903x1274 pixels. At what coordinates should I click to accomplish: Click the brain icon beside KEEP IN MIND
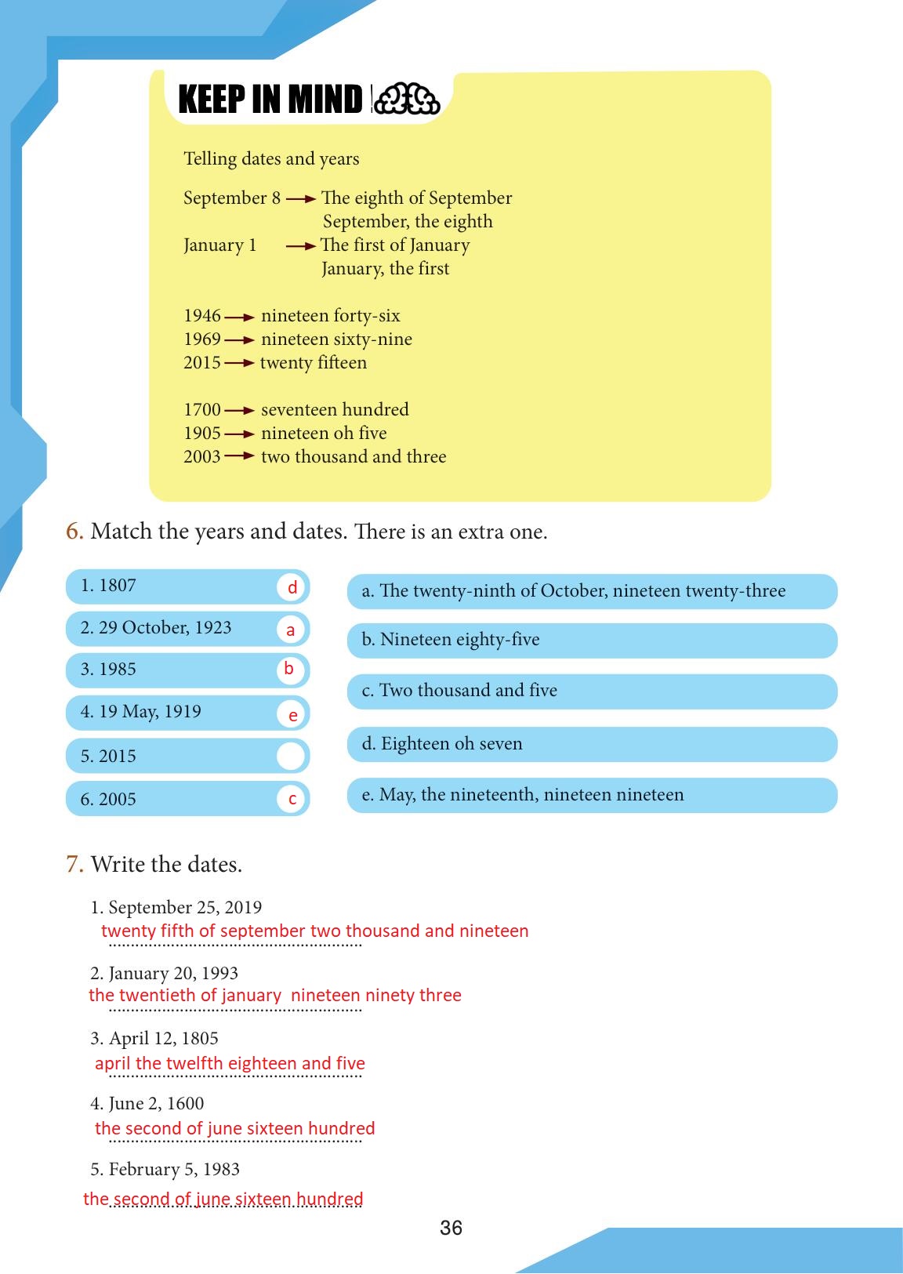click(x=408, y=100)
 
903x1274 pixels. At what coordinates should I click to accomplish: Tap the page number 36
click(x=451, y=1228)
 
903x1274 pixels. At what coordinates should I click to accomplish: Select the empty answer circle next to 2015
click(x=291, y=757)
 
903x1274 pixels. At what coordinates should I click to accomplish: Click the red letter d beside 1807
click(x=292, y=587)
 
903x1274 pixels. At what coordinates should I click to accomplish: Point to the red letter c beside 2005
click(x=292, y=799)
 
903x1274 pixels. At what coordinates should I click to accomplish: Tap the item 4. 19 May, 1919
click(x=141, y=712)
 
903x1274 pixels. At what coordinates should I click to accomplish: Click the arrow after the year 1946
click(x=239, y=317)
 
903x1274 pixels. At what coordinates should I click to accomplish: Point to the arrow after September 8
click(x=301, y=199)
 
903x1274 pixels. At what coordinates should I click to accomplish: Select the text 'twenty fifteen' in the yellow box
click(x=314, y=363)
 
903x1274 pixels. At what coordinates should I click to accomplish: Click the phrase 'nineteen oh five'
click(x=324, y=434)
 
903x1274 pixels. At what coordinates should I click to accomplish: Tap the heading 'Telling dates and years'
click(x=271, y=159)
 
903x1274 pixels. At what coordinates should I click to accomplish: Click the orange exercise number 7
click(x=74, y=864)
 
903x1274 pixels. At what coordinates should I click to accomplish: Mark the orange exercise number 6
click(x=74, y=532)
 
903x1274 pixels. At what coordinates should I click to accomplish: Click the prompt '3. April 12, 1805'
click(x=154, y=1038)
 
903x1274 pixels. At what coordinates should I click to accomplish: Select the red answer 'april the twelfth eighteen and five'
click(x=230, y=1063)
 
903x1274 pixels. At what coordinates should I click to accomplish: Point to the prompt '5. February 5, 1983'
click(x=165, y=1169)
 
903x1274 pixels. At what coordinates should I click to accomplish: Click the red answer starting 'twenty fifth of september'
click(x=314, y=931)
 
